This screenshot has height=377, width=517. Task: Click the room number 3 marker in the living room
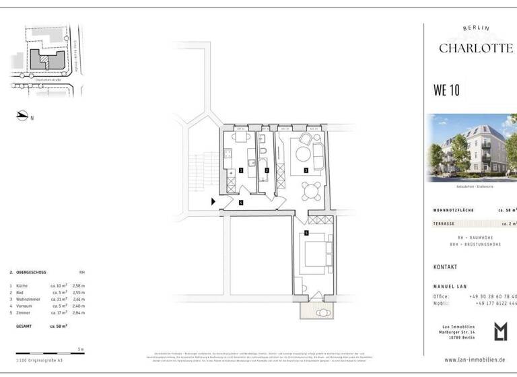pyautogui.click(x=306, y=170)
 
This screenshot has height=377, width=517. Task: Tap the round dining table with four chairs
pyautogui.click(x=310, y=192)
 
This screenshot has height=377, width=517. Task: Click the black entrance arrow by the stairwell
pyautogui.click(x=213, y=201)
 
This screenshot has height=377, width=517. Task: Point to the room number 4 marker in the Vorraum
pyautogui.click(x=240, y=202)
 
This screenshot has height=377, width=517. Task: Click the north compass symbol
pyautogui.click(x=23, y=116)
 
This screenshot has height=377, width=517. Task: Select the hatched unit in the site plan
pyautogui.click(x=44, y=59)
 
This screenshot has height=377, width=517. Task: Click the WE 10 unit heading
pyautogui.click(x=446, y=90)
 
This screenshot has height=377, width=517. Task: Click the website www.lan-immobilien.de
pyautogui.click(x=471, y=360)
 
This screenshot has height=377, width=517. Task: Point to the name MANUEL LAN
pyautogui.click(x=450, y=287)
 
